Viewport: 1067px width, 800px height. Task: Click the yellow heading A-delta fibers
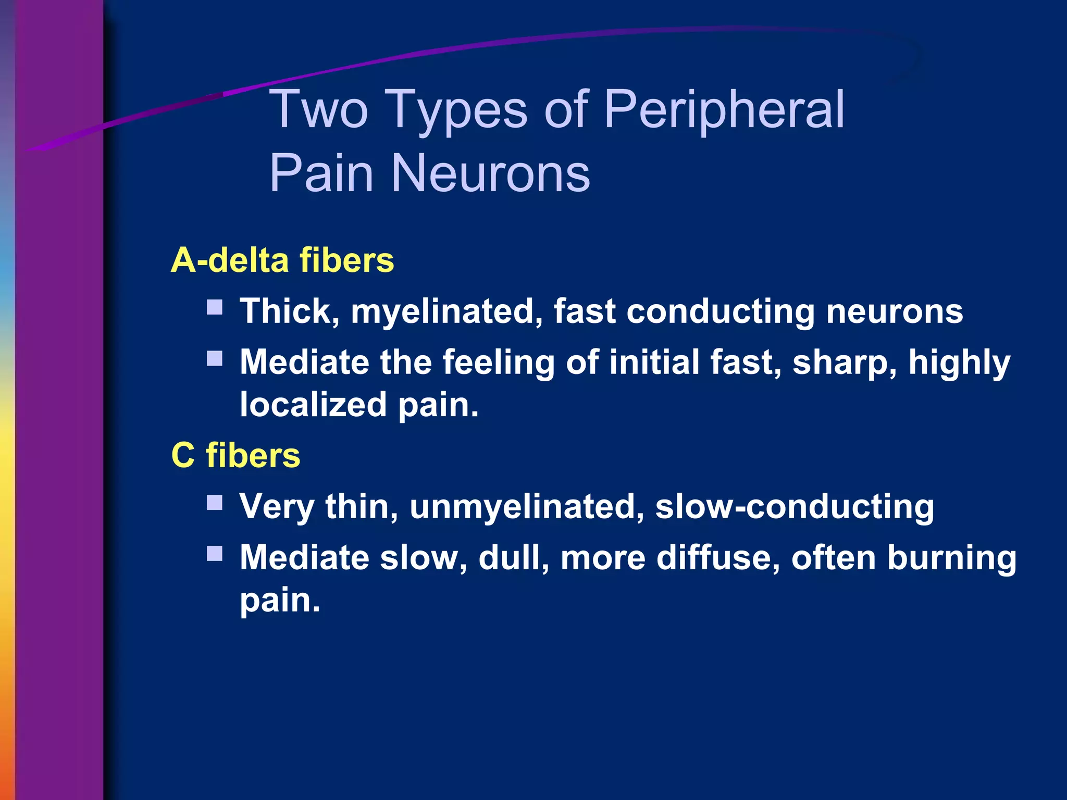[282, 260]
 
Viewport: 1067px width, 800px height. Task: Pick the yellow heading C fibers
[235, 455]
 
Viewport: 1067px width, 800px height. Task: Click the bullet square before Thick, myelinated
[215, 307]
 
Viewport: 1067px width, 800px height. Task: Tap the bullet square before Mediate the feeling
[215, 358]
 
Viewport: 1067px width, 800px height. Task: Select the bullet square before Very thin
[215, 502]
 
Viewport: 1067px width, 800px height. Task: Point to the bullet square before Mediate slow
[215, 553]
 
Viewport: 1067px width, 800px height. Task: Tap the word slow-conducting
[795, 506]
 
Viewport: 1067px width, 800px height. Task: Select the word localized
[313, 405]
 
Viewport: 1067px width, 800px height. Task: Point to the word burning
[951, 558]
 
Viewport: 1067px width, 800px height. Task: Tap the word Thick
[290, 311]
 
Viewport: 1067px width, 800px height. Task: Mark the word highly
[959, 362]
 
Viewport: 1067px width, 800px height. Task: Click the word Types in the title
[457, 110]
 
